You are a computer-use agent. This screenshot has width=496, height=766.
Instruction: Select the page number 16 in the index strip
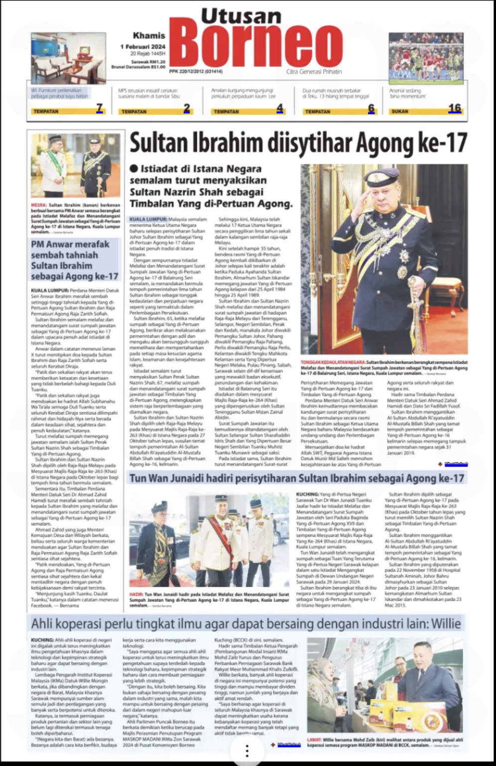tap(454, 108)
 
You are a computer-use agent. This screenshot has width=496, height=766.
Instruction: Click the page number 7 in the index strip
tap(99, 108)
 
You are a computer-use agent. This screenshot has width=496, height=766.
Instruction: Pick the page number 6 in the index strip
tap(371, 108)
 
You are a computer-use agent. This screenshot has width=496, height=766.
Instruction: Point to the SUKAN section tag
tap(400, 112)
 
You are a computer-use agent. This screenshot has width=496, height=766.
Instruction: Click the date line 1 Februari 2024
tap(142, 46)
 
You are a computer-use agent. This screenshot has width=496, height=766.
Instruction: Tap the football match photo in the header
tap(426, 57)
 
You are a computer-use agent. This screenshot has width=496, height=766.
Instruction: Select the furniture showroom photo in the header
tap(68, 58)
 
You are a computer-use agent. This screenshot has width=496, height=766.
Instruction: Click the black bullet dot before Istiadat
tap(133, 169)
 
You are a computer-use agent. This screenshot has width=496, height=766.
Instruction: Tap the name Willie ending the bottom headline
tap(446, 624)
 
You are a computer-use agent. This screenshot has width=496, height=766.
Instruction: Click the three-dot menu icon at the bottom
tap(247, 751)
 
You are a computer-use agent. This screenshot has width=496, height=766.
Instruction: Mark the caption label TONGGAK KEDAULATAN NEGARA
tap(333, 363)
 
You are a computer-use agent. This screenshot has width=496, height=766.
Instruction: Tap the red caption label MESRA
tap(38, 205)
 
